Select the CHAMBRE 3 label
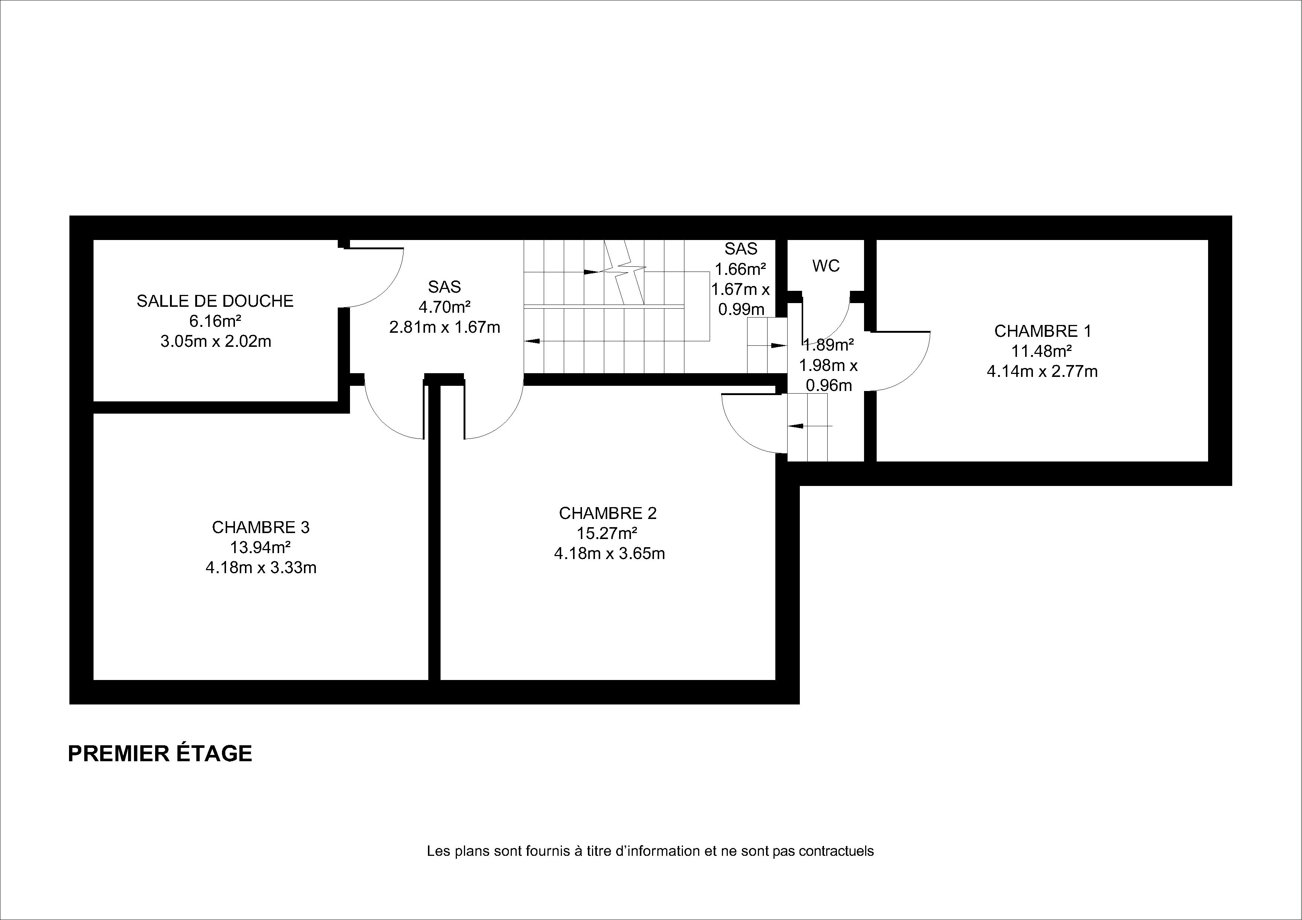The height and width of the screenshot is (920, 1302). point(261,527)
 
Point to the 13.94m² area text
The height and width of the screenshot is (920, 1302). point(261,547)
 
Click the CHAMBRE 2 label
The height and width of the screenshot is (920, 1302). point(608,513)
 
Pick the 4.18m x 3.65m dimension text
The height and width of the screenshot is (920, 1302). point(609,553)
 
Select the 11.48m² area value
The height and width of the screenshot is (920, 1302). point(1042,351)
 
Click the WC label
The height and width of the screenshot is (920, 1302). point(826,266)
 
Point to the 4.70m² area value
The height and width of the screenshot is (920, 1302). point(445,307)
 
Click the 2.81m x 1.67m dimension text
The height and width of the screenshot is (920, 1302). point(445,327)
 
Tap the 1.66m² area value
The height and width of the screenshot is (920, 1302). point(740,269)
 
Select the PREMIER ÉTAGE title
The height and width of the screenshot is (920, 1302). point(160,753)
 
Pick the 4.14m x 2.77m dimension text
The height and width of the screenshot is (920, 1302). point(1042,371)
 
